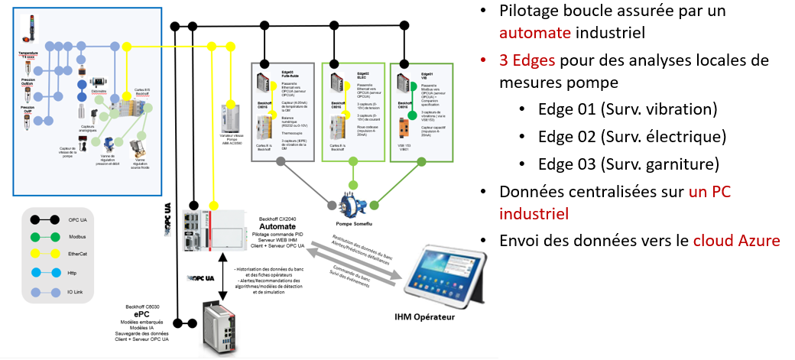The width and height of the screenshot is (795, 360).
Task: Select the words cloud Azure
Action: pos(736,240)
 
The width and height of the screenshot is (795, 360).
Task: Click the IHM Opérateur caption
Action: pos(424,316)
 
